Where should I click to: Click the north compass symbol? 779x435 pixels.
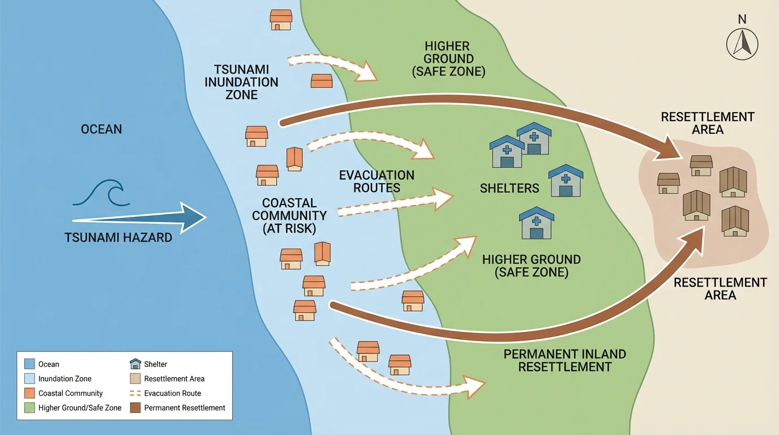(742, 44)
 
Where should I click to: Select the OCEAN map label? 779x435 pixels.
(101, 129)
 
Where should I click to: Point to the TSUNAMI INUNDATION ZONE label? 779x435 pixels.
(241, 82)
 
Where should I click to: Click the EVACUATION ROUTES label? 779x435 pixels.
(376, 181)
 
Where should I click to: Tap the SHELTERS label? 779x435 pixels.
(510, 188)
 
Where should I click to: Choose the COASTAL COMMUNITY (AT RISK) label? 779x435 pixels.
(289, 216)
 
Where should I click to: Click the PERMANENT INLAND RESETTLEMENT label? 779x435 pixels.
(564, 360)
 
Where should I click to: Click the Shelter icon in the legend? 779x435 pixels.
(135, 364)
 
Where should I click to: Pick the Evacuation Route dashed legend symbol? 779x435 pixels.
(135, 393)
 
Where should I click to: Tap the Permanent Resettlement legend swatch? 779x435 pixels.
(135, 408)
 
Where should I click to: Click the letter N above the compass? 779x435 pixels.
(742, 20)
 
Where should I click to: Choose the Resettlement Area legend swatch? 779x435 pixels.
(135, 378)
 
